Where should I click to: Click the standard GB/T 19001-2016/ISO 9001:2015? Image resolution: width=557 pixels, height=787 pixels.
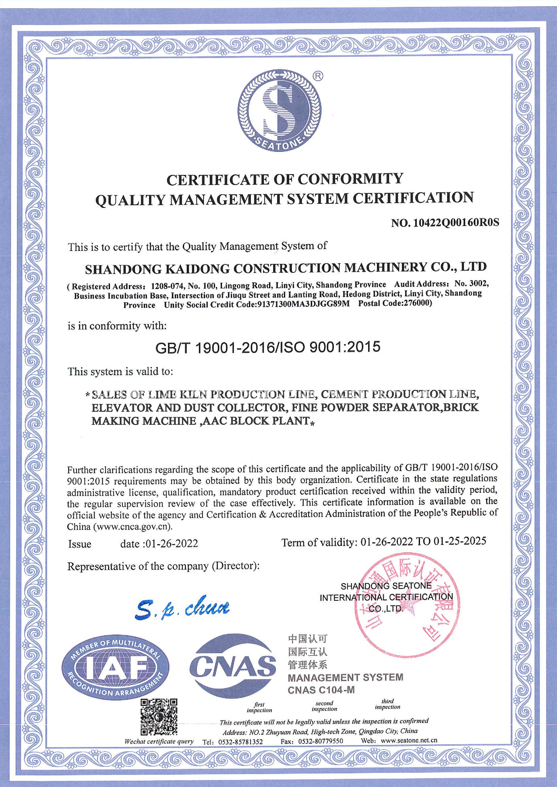point(268,347)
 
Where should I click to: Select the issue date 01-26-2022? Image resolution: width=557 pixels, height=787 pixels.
point(172,544)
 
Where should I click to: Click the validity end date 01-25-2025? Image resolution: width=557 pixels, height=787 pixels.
point(459,541)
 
